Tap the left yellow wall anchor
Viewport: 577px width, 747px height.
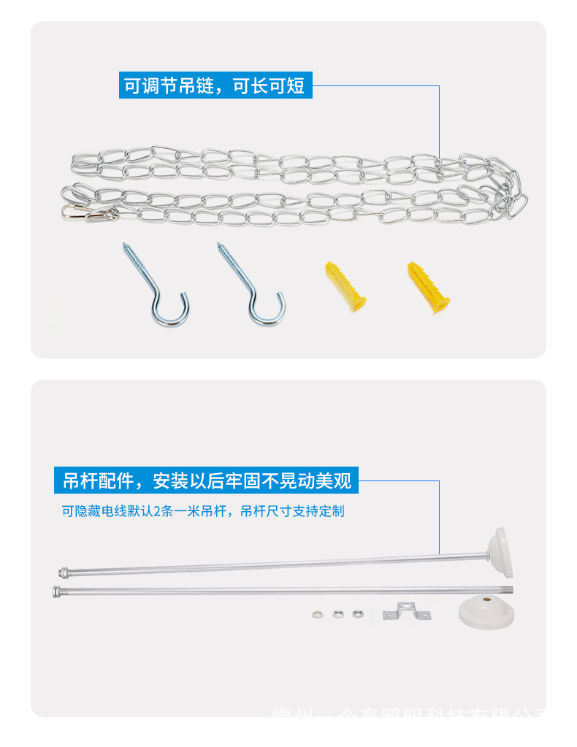point(344,285)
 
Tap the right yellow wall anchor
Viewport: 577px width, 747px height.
point(428,287)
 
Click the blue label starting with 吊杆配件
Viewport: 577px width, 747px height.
point(207,481)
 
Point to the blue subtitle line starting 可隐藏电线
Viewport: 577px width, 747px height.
point(202,511)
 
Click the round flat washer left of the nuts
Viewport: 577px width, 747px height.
point(318,614)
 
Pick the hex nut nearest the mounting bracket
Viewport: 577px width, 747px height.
point(358,613)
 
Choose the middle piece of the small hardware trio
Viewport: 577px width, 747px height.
point(338,614)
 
